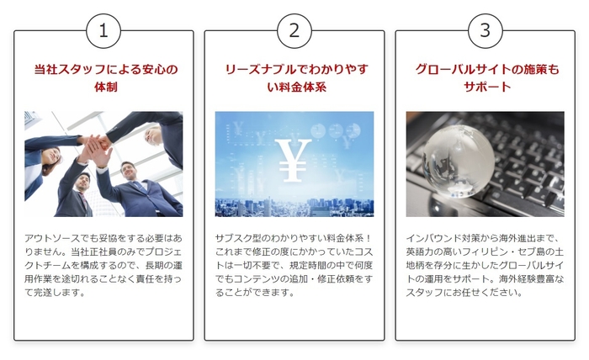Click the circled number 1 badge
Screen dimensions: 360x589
[103, 32]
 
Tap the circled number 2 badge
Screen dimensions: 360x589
[294, 32]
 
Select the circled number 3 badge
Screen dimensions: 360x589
[485, 32]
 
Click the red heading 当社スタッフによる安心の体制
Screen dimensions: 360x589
[103, 77]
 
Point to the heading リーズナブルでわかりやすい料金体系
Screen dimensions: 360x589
[294, 77]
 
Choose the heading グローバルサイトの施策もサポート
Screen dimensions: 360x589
[485, 77]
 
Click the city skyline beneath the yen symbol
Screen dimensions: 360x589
[294, 205]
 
